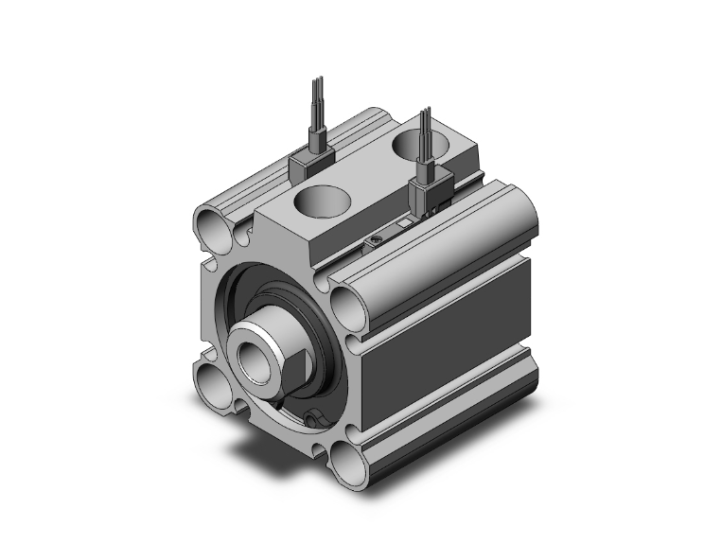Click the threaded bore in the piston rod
[x=254, y=359]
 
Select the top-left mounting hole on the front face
[x=211, y=226]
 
